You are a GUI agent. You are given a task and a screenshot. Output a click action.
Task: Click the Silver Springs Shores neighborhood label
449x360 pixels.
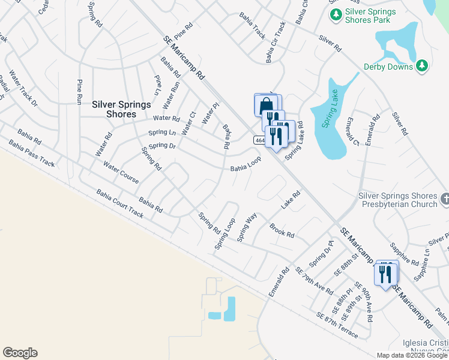tap(121, 109)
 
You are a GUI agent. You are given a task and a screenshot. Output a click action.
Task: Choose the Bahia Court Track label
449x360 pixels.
tap(119, 203)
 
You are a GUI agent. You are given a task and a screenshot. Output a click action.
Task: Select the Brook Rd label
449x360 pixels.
tap(282, 231)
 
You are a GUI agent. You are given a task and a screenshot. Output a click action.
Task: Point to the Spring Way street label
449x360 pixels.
tap(247, 227)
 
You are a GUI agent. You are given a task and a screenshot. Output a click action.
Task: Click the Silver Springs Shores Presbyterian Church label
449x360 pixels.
tap(398, 200)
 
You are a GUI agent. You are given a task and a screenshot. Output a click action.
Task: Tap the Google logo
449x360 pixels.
tap(20, 353)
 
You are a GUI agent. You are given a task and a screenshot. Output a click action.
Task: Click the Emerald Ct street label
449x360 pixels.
tap(352, 131)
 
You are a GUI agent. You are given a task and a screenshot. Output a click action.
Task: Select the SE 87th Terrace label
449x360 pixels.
tap(336, 325)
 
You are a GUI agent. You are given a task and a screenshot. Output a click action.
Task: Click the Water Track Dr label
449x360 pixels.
tap(23, 93)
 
